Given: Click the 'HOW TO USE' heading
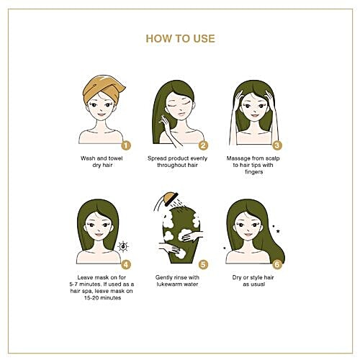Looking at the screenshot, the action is [x=180, y=39].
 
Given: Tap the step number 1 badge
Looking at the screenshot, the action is [x=126, y=145].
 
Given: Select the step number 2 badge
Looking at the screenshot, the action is [x=203, y=145].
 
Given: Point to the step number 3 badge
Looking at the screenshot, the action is [x=277, y=145].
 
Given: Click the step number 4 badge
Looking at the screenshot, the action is [x=126, y=264].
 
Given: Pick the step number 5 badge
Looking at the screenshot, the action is [x=203, y=264].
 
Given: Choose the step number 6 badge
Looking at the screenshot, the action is [x=277, y=264].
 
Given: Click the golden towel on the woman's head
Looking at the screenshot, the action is [x=102, y=88].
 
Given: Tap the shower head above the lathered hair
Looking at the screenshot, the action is [x=171, y=198].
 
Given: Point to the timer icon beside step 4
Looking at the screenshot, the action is [x=123, y=246].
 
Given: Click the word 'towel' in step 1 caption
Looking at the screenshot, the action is [x=115, y=158].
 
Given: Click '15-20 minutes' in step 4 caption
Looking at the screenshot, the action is [x=102, y=298].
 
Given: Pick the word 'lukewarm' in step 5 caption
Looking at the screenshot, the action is [x=168, y=284].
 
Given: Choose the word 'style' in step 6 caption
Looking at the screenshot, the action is [x=256, y=278].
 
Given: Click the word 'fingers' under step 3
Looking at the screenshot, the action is [x=254, y=172].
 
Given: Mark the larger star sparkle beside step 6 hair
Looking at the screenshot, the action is [x=278, y=231].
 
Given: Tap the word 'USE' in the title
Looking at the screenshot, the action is [x=204, y=39].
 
